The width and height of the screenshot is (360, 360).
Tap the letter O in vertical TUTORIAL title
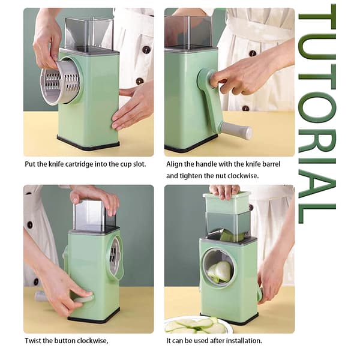point(317,107)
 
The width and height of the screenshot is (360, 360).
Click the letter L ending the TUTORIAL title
point(317,213)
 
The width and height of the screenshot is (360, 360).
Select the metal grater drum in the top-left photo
point(60,82)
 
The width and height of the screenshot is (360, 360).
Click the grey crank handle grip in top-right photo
point(237,131)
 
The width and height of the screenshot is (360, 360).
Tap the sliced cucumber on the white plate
point(196,325)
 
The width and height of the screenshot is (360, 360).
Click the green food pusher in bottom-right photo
point(226,203)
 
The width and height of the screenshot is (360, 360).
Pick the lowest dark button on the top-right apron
point(245,108)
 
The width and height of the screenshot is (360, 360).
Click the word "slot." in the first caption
point(140,164)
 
